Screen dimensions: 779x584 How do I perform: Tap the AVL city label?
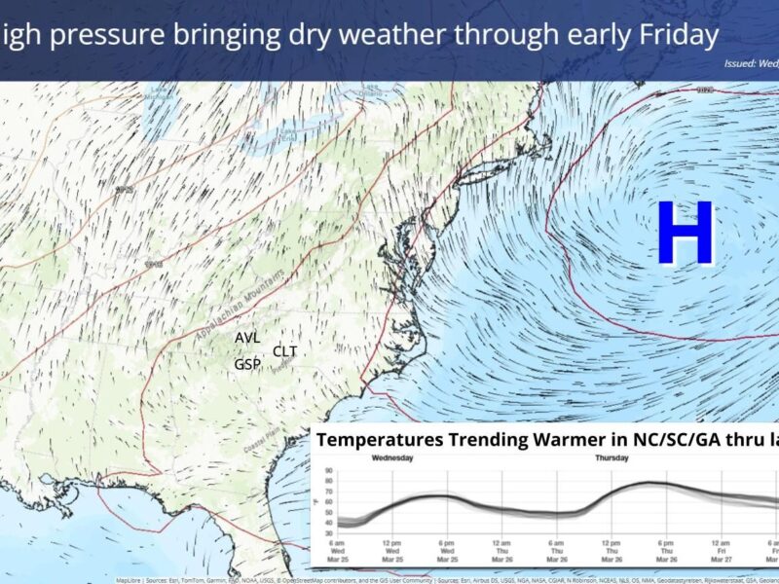point(247,338)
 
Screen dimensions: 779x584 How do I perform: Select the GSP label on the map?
point(247,364)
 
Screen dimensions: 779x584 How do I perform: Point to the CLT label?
point(285,350)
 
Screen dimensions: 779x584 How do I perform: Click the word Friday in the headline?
point(671,36)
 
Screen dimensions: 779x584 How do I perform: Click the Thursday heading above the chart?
point(611,457)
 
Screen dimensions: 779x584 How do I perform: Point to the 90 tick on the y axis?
point(328,471)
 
